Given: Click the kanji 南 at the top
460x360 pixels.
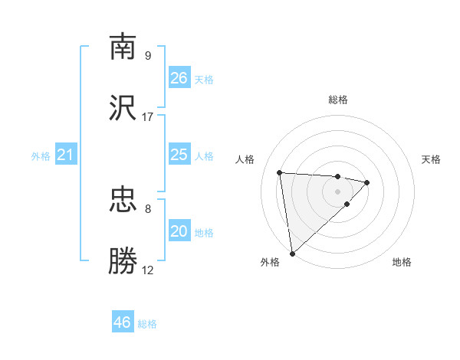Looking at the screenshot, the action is [123, 47].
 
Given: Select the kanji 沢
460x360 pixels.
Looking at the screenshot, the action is [123, 108].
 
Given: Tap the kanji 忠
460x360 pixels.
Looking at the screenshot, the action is [123, 200].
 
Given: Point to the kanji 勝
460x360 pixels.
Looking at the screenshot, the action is [123, 261].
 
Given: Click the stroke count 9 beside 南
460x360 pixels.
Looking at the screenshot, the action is [148, 55].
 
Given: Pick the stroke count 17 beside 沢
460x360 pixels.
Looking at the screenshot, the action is [148, 116].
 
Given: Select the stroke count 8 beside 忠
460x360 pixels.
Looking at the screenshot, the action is [148, 208].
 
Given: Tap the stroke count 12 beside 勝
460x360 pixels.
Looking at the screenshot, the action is [148, 270].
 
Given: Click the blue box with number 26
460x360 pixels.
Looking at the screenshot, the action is [179, 78].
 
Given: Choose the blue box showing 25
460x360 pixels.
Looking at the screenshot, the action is [179, 155].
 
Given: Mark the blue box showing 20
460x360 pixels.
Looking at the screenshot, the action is [179, 231].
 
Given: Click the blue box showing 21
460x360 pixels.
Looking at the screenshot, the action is [66, 155].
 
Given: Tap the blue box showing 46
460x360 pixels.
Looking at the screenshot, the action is [123, 322].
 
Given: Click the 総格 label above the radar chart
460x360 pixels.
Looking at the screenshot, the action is [338, 100].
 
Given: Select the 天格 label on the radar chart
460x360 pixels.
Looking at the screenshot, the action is [431, 159].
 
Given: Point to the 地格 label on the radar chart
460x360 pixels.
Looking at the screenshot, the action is [402, 262].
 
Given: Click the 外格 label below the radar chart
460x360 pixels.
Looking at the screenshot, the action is [270, 262].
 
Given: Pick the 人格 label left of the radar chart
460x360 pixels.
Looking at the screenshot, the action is [246, 159].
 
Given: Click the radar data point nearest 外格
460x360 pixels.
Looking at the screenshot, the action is [292, 253].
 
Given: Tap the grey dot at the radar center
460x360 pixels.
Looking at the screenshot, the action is [338, 191].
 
